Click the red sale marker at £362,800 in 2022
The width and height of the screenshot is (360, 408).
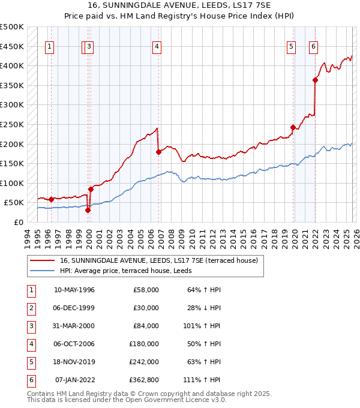point(315,80)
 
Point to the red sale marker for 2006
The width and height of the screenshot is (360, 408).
point(158,152)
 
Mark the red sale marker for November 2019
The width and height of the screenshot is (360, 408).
point(293,127)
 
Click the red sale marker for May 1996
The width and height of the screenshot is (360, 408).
point(51,199)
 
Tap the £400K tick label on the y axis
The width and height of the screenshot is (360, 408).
point(12,65)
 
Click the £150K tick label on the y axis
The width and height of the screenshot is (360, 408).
point(12,163)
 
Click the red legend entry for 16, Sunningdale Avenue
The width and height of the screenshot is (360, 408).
point(158,260)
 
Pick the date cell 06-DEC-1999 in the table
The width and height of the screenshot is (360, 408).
point(74,308)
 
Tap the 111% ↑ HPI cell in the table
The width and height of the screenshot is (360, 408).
point(206,380)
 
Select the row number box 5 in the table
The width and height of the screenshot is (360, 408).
point(30,362)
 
